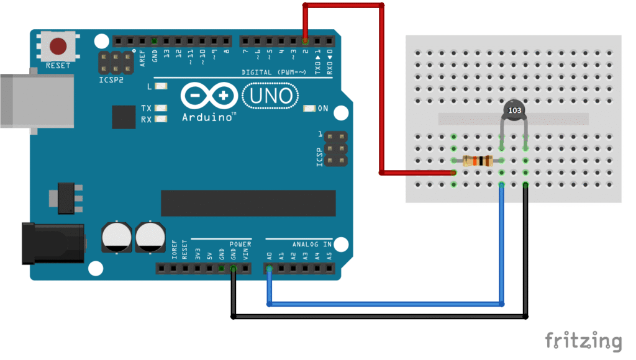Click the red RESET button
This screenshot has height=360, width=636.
coord(58,46)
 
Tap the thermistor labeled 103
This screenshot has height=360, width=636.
coord(514,110)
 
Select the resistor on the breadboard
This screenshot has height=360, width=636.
coord(478,161)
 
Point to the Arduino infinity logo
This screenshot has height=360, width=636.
coord(209,96)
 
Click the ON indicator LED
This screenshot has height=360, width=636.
coord(308,109)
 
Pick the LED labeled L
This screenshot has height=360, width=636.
coord(162,87)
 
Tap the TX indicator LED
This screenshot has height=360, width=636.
coord(162,108)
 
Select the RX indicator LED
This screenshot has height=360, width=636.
coord(162,119)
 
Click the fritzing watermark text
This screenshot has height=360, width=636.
coord(583,341)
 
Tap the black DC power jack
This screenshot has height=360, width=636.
coord(52,243)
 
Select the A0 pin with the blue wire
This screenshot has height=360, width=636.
coord(269,269)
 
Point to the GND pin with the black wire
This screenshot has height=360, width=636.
coord(233,269)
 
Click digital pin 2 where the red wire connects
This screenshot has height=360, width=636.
coord(305,42)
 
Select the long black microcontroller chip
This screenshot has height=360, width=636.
coord(248,204)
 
